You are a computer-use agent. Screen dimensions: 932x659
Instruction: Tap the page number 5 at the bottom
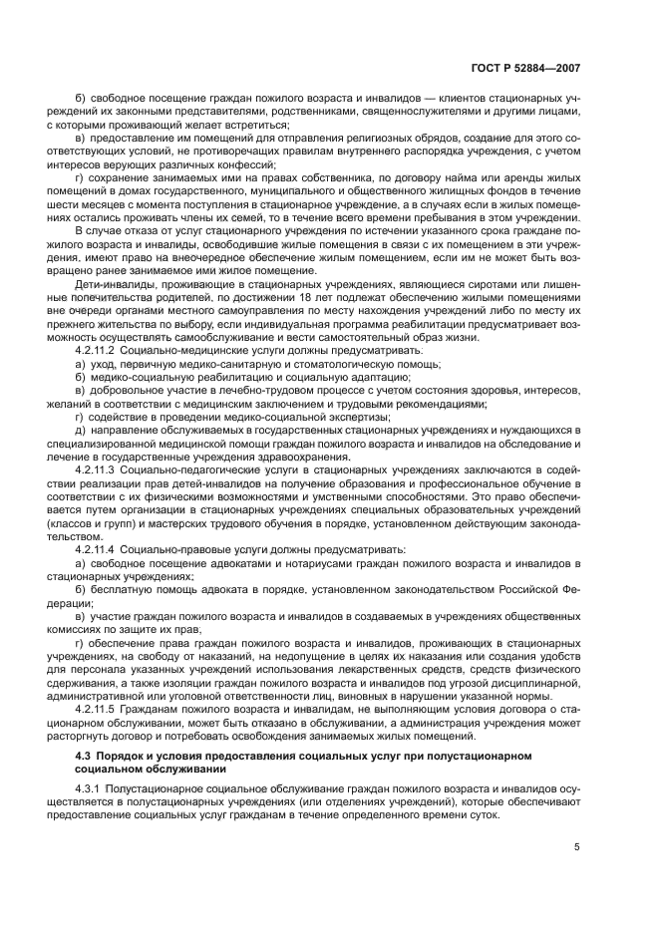[577, 848]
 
